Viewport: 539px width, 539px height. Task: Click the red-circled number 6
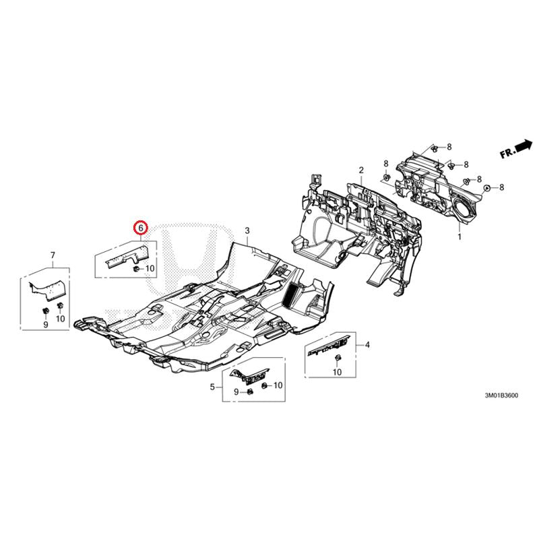point(141,227)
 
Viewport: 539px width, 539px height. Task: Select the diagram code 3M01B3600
point(501,395)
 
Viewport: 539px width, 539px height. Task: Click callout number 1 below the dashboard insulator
point(459,236)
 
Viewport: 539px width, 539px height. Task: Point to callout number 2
point(361,170)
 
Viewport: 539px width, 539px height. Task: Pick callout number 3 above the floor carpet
point(247,231)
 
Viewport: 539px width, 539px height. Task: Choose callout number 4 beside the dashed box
point(367,345)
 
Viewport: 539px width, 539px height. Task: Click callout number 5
point(212,387)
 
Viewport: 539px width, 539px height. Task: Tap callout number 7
point(53,255)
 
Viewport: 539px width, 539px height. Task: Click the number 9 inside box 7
point(46,325)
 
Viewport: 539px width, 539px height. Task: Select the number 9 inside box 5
point(236,392)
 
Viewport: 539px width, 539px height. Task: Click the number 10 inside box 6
point(150,268)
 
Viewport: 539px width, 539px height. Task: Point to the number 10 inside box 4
point(338,372)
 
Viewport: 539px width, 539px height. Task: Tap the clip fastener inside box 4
point(338,358)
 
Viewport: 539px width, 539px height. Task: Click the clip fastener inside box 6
point(136,269)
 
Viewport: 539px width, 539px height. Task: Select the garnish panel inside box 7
point(46,290)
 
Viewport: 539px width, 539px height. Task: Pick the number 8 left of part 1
point(385,164)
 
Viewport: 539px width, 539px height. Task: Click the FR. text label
point(507,153)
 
